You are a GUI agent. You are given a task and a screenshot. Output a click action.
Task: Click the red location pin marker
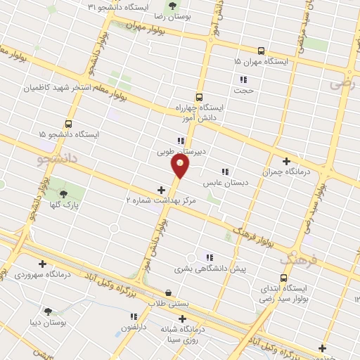[x=180, y=165]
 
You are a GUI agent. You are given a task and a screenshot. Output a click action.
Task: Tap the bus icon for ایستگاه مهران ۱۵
[x=262, y=51]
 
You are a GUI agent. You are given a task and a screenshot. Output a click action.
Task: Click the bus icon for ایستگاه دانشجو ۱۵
[x=68, y=123]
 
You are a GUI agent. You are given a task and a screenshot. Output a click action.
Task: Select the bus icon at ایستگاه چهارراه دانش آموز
[x=199, y=97]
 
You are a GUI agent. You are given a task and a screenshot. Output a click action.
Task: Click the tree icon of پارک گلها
[x=63, y=193]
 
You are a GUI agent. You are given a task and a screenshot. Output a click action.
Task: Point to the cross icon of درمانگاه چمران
[x=285, y=161]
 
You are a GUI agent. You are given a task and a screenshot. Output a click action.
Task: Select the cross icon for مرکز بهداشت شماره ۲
[x=162, y=189]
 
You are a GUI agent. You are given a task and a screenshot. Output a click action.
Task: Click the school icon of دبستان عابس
[x=225, y=172]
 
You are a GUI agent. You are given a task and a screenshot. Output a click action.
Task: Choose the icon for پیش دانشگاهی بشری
[x=209, y=257]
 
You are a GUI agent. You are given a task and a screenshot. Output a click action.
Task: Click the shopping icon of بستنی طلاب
[x=168, y=292]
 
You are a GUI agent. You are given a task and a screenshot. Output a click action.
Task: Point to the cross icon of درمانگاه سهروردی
[x=43, y=264]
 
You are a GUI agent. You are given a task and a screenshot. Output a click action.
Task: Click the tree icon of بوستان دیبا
[x=48, y=311]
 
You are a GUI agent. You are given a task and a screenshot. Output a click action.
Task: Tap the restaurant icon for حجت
[x=243, y=79]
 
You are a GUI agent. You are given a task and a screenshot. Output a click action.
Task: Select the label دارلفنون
[x=134, y=328]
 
